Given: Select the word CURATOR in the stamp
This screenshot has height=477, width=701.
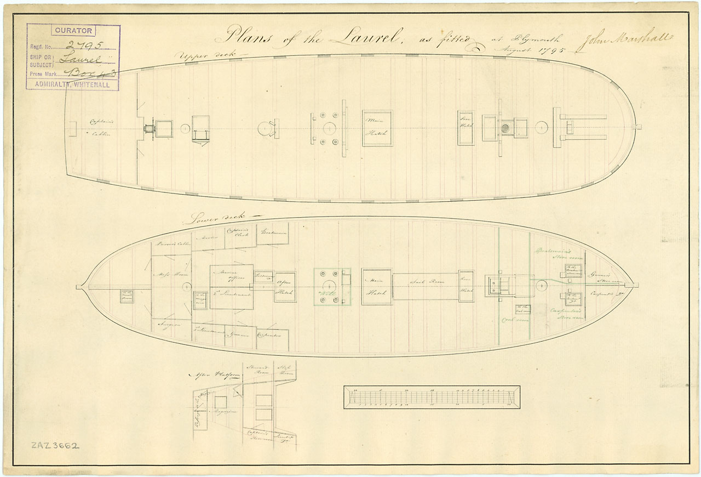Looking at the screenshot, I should click(x=73, y=31).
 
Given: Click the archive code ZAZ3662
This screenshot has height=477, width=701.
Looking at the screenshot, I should click(x=55, y=445).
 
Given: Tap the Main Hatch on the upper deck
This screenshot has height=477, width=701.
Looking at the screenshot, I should click(x=377, y=128).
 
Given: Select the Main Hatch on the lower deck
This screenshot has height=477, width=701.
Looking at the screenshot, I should click(x=376, y=287).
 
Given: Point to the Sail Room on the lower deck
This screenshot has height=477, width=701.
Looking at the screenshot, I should click(x=425, y=282).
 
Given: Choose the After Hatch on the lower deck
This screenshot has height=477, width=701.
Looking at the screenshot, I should click(x=285, y=287).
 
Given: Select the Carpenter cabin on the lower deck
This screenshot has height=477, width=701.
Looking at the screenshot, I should click(x=272, y=333).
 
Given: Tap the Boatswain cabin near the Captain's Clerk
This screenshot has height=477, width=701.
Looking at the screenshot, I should click(x=271, y=233).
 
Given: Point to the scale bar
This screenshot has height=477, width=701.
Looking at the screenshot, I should click(x=432, y=397).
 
